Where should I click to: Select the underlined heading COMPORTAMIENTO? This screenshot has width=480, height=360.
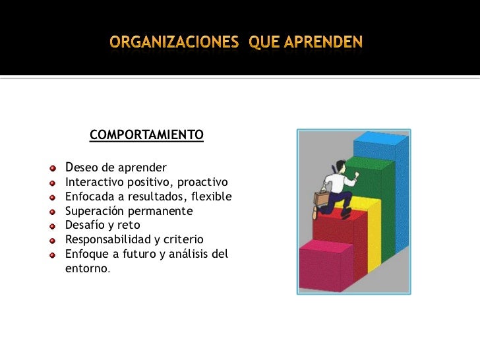[x=146, y=136]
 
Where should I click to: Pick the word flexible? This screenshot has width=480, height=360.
[x=209, y=196]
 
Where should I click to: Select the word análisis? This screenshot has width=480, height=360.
[x=192, y=254]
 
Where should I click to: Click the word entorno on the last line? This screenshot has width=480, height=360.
[x=87, y=268]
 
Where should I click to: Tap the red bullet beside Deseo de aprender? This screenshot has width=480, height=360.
[x=56, y=167]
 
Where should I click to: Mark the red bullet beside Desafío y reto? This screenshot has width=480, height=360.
[x=56, y=225]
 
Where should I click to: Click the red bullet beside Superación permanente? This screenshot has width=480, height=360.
[x=56, y=212]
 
